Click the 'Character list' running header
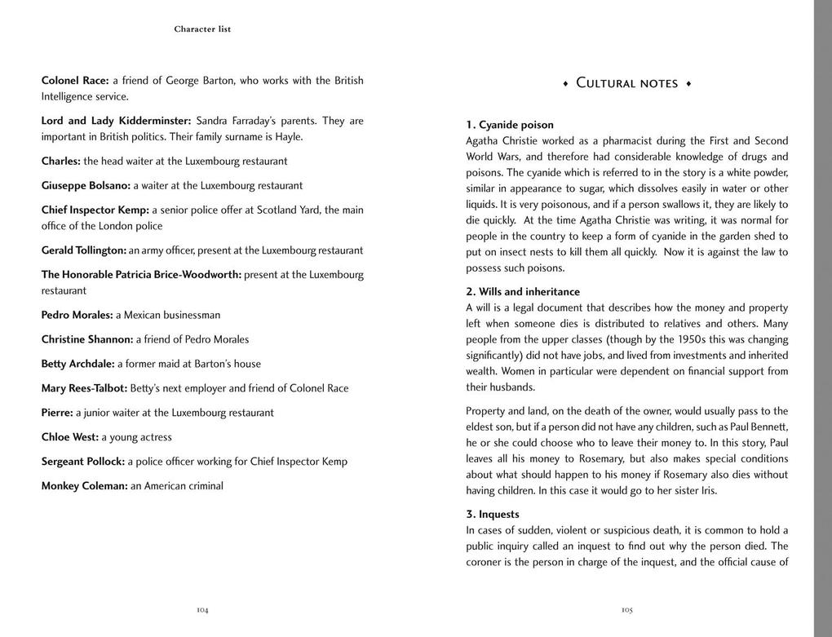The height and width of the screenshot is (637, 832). [202, 29]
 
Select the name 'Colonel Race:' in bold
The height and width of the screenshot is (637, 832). [75, 81]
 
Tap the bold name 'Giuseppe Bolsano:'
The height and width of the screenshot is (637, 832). [86, 186]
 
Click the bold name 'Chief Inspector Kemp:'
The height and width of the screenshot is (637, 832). [95, 210]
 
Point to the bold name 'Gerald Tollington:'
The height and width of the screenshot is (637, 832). [84, 250]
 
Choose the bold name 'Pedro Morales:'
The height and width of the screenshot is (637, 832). [77, 315]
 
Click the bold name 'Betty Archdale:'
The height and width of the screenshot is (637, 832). [77, 364]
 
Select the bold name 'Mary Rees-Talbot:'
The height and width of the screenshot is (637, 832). [84, 388]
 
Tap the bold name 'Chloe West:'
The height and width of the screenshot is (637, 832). [69, 437]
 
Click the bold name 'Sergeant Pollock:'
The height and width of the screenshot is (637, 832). [83, 462]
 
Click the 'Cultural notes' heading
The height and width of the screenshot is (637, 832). [626, 83]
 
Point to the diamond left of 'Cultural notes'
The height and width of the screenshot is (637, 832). [565, 84]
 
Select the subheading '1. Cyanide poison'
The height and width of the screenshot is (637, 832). [510, 125]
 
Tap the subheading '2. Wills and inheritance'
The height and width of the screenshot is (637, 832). [523, 292]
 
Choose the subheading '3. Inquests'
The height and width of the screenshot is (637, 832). [493, 515]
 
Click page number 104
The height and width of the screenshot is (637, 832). [202, 609]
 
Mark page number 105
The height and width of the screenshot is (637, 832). [626, 609]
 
